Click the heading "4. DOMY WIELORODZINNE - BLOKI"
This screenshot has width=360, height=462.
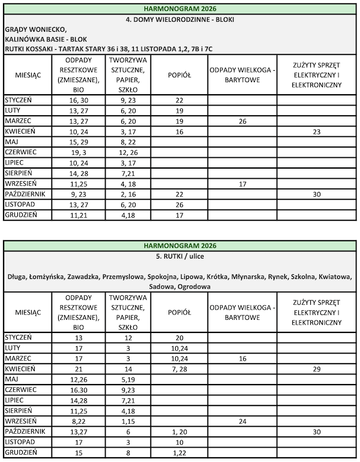point(180,19)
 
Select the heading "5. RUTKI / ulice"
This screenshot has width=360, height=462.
point(180,256)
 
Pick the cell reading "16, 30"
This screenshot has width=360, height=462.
point(79,100)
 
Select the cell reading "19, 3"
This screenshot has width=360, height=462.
point(79,152)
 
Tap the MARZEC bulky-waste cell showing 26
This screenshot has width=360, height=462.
point(242,121)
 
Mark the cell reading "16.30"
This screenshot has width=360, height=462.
point(79,389)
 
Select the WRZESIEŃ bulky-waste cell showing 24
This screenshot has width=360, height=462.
point(242,421)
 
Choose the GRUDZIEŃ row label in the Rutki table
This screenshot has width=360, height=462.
point(22,452)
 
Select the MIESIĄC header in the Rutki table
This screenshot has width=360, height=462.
point(28,312)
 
